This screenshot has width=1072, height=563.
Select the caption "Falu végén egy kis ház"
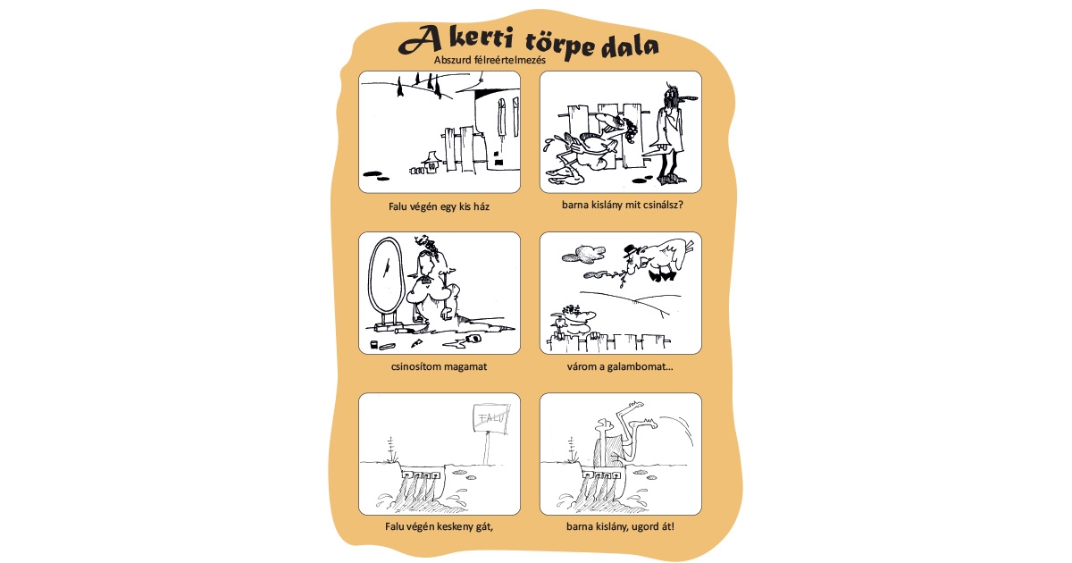click(x=439, y=206)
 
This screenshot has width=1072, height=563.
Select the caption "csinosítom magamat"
click(x=439, y=367)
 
